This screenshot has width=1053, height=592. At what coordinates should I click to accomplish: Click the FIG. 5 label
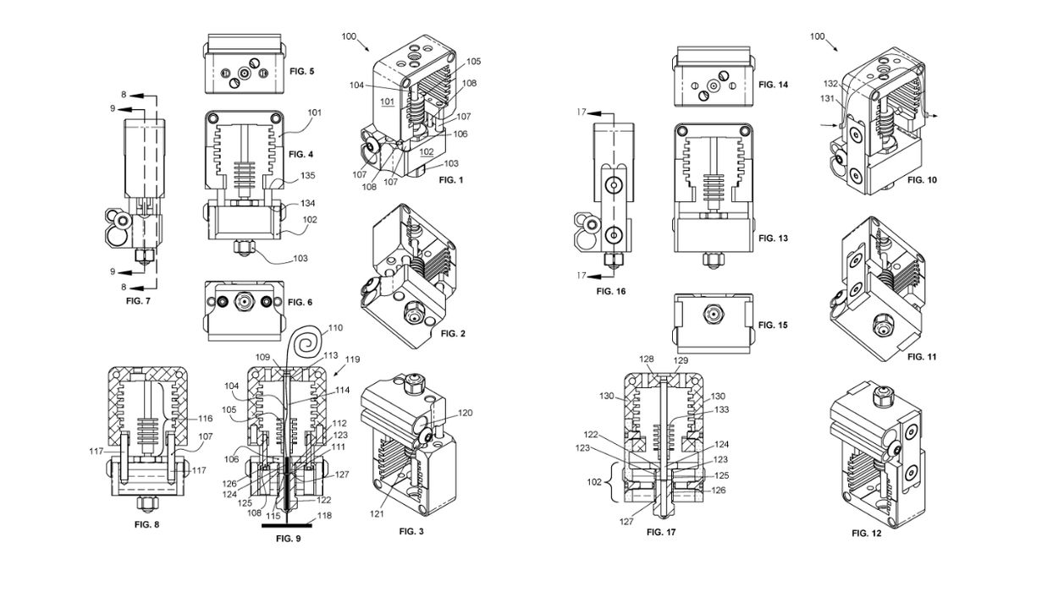(300, 72)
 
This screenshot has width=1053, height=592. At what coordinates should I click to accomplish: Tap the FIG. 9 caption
(288, 538)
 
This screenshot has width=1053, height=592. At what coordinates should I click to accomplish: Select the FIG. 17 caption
(662, 532)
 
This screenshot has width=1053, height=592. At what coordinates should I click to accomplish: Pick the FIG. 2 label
(455, 333)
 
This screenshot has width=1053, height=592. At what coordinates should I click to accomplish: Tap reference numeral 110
(335, 327)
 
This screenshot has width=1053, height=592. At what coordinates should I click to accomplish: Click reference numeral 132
(831, 83)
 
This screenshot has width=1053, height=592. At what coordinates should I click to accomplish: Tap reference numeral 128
(648, 359)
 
